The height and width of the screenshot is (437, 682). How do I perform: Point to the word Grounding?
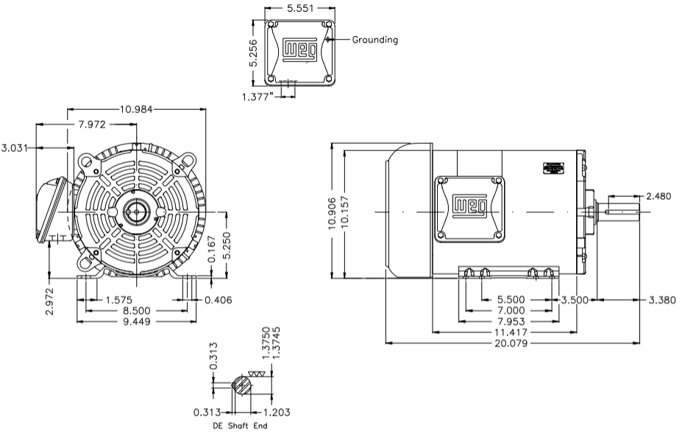click(x=375, y=40)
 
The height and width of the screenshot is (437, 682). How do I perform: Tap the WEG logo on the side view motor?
click(x=469, y=206)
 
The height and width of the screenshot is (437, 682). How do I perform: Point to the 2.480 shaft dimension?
click(x=658, y=197)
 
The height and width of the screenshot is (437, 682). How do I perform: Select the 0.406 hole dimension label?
click(x=219, y=300)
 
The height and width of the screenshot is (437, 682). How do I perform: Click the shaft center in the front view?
click(x=135, y=212)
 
